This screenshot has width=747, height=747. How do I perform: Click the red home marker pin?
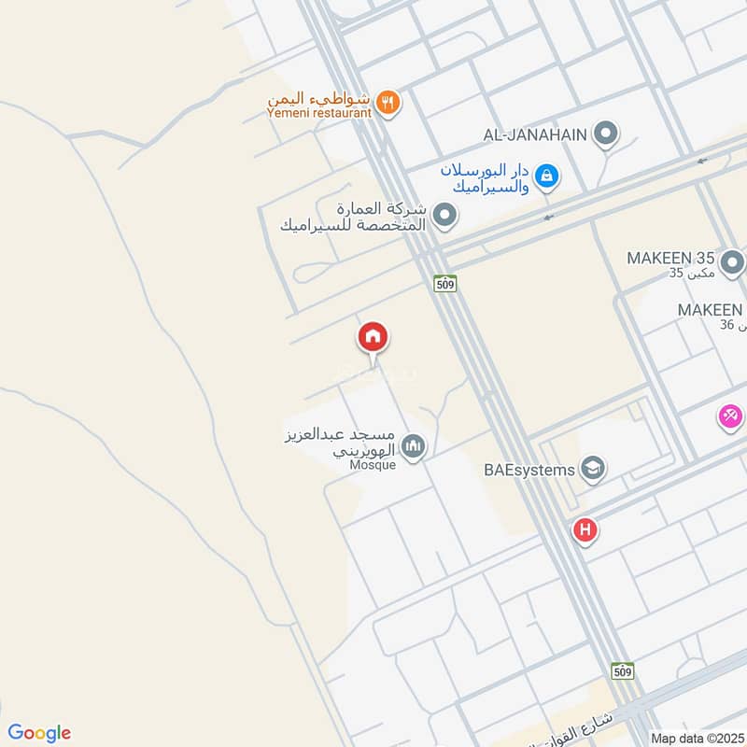[373, 338]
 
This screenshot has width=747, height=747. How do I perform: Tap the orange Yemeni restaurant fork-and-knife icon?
[390, 102]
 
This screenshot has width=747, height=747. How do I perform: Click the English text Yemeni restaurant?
[318, 113]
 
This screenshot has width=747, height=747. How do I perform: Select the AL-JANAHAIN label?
[535, 134]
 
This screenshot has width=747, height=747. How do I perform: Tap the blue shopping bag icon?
[548, 175]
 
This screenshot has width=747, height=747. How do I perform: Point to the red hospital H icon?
[585, 531]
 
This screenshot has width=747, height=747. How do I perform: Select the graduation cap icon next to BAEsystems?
[591, 467]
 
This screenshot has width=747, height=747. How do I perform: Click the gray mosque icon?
[415, 447]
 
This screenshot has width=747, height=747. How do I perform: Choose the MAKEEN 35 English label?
[670, 258]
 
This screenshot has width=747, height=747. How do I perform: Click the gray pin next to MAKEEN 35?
[733, 261]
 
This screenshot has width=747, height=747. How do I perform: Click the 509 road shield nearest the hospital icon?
[625, 670]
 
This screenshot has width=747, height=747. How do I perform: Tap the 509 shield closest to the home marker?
[444, 283]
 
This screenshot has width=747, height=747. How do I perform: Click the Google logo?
[39, 732]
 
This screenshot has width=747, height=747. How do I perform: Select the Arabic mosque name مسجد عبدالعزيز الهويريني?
[341, 442]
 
